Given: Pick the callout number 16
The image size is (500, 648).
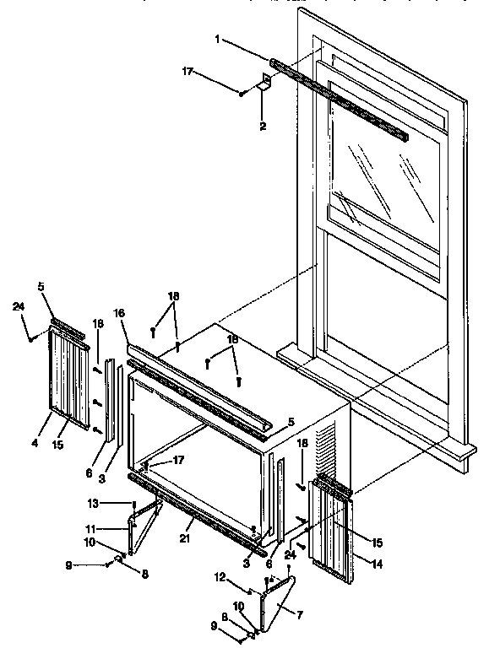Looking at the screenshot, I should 119,313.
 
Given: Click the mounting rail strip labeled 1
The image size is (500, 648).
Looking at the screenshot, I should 338,100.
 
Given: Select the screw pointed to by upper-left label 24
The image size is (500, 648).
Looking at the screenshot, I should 31,339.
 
